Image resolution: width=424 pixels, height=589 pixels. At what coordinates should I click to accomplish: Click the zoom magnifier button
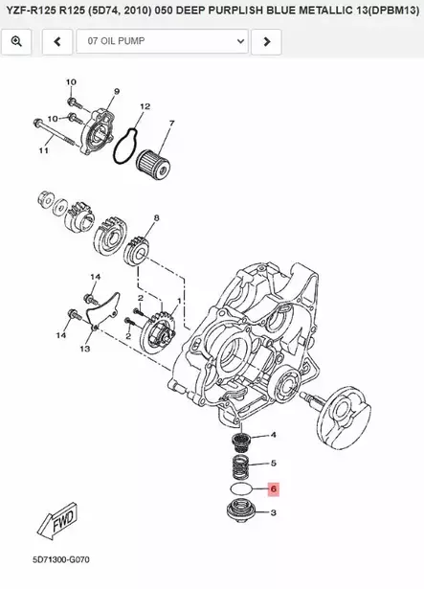click(x=16, y=42)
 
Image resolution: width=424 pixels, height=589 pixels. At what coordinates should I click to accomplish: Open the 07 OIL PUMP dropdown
click(x=162, y=42)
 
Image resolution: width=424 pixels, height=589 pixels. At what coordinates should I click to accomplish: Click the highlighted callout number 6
click(x=273, y=488)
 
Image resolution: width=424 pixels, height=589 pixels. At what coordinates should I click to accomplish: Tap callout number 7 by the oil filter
click(x=171, y=124)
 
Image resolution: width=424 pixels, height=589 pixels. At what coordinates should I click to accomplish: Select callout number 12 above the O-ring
click(x=145, y=106)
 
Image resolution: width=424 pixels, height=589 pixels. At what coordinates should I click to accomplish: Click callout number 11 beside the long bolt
click(x=43, y=151)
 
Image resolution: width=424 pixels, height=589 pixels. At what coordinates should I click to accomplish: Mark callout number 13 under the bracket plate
click(x=84, y=350)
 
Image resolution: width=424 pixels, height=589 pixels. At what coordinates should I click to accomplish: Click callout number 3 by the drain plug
click(x=274, y=513)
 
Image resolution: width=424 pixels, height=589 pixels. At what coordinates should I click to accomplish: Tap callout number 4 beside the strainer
click(x=274, y=436)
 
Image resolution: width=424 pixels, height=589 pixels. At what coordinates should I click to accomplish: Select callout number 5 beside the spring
click(x=274, y=464)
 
